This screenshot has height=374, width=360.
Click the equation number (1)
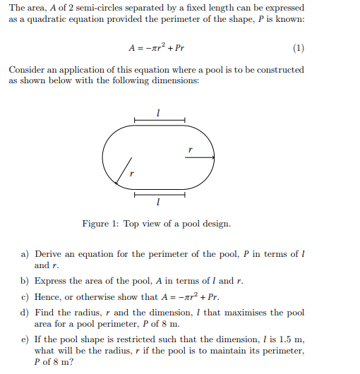click(298, 49)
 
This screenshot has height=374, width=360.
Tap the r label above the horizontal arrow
click(189, 149)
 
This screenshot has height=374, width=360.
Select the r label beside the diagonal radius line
click(131, 172)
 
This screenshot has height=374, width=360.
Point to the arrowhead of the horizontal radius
click(212, 157)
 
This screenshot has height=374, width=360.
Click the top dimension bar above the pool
click(159, 121)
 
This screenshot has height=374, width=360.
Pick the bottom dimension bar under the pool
click(159, 193)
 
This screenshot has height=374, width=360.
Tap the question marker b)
click(25, 281)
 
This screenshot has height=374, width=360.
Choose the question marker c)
click(25, 297)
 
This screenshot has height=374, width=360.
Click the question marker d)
click(25, 313)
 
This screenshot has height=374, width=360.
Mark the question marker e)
click(25, 340)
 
